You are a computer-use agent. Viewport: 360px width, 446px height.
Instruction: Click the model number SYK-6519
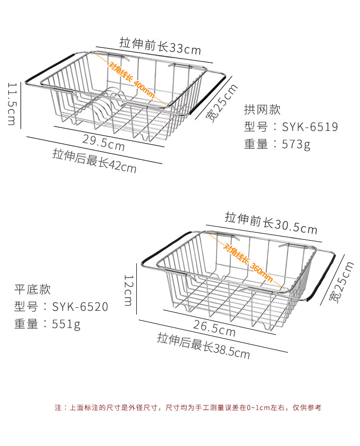coord(310,127)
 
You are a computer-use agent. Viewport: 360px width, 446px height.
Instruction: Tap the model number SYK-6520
coord(80,306)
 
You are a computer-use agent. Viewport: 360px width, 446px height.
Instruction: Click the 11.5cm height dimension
coord(12,104)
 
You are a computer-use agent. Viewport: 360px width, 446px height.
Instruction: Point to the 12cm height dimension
coord(129,290)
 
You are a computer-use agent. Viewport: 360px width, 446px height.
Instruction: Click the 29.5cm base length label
coord(104,142)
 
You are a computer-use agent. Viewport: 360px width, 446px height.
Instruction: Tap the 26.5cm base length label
coord(214,329)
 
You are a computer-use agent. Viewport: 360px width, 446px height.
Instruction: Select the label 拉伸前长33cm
coord(160,47)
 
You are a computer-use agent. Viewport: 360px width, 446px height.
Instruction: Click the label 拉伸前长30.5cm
coord(271,223)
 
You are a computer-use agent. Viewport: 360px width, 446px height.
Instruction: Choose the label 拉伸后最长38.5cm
coord(204,345)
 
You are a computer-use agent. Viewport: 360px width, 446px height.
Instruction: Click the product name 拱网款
coord(262,109)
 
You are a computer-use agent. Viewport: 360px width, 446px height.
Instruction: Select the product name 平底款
coord(32,289)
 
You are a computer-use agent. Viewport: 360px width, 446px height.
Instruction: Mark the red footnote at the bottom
coord(188,408)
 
